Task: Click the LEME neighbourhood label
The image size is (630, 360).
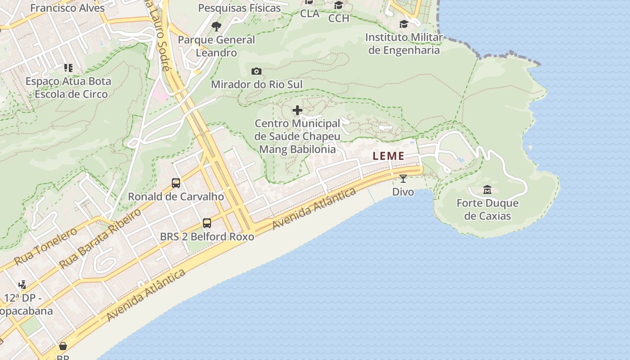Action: click(x=388, y=156)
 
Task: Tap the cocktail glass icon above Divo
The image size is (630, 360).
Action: click(x=403, y=179)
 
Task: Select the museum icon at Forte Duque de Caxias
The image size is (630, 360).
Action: click(x=487, y=190)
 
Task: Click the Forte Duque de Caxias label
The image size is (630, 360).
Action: click(x=487, y=209)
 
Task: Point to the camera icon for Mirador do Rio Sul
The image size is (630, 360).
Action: click(x=256, y=71)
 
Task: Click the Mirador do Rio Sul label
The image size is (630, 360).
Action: click(x=256, y=84)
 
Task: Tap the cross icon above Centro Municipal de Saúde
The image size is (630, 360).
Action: click(x=297, y=110)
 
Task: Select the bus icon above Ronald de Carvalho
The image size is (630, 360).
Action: click(x=176, y=183)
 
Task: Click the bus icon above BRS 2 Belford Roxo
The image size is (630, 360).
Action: click(x=207, y=223)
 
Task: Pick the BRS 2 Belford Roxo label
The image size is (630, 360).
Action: click(x=207, y=236)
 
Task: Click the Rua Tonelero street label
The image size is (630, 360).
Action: click(x=45, y=246)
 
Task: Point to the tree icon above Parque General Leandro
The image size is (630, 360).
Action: click(x=216, y=26)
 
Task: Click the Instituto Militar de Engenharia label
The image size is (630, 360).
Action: click(x=404, y=43)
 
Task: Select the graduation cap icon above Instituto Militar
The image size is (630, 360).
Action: click(x=404, y=24)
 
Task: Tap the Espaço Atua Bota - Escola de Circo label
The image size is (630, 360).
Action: click(x=67, y=88)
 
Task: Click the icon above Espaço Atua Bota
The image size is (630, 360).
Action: click(x=68, y=68)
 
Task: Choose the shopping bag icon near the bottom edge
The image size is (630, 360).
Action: click(x=63, y=346)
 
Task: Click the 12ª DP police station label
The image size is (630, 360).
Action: click(x=27, y=304)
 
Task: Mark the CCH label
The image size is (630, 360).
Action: click(x=338, y=18)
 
